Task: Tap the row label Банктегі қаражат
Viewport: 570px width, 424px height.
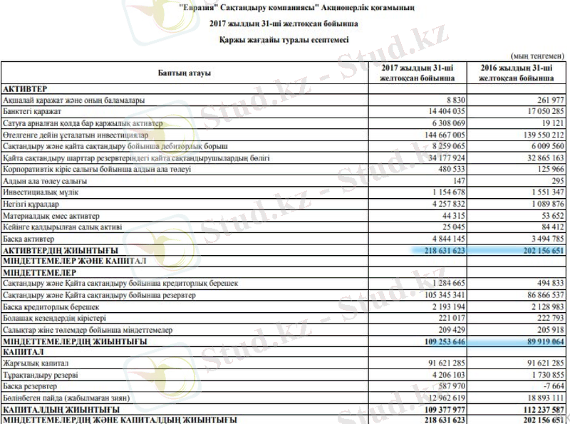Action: pyautogui.click(x=32, y=112)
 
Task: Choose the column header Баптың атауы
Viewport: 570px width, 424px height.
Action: pyautogui.click(x=184, y=73)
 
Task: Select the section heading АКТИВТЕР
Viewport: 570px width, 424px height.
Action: pyautogui.click(x=25, y=88)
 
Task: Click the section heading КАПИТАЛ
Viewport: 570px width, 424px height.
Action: pyautogui.click(x=22, y=352)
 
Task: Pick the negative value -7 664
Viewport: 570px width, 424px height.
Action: pyautogui.click(x=552, y=387)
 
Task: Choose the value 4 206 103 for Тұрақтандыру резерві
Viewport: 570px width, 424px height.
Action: pyautogui.click(x=445, y=375)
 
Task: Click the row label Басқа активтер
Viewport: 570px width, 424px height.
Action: pyautogui.click(x=28, y=239)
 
